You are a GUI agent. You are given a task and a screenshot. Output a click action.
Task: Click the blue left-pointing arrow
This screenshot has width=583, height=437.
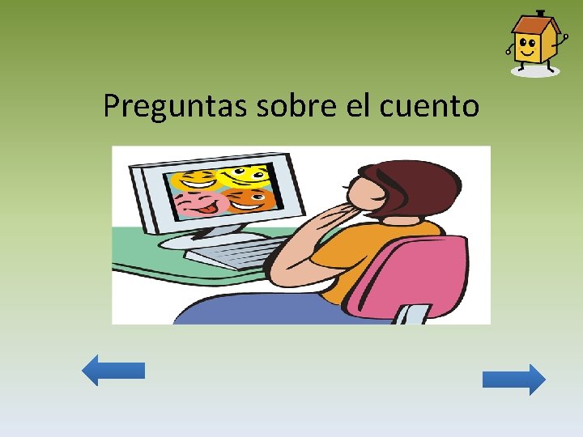pos(113,370)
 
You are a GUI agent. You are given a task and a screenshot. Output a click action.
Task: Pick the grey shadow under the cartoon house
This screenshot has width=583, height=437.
pos(535,71)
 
